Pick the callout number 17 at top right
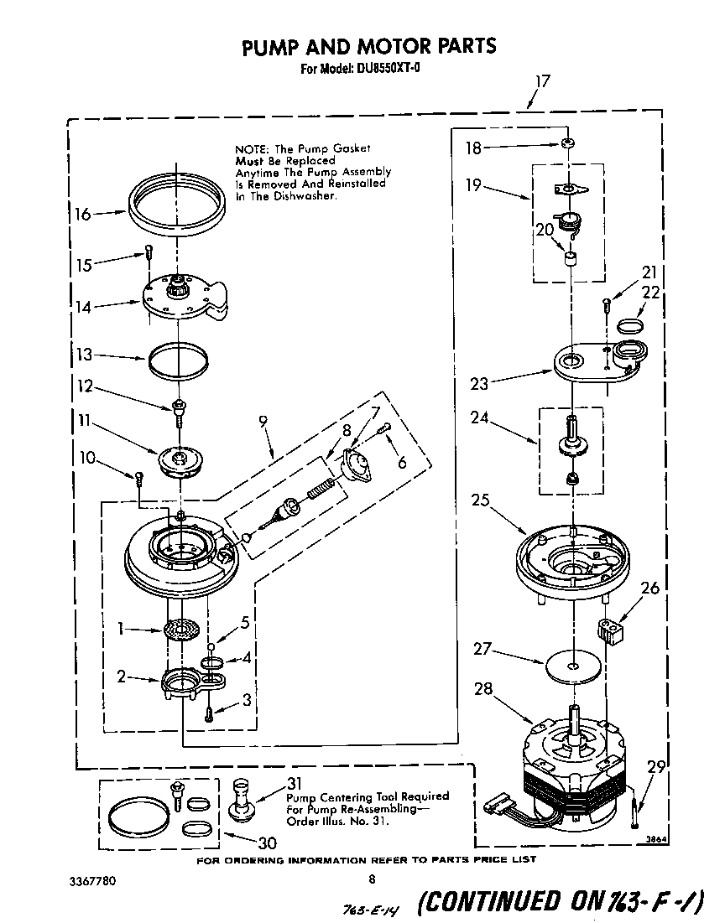coord(542,81)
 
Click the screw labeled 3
coord(209,713)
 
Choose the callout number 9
coord(264,423)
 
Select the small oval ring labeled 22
coord(631,324)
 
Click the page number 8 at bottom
coord(371,879)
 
